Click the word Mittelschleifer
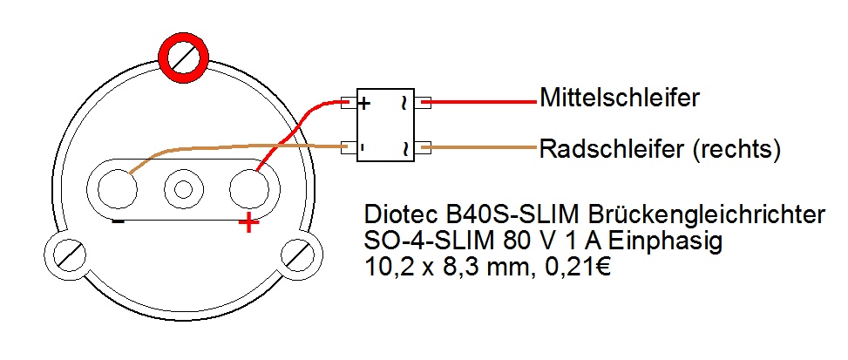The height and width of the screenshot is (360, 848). [619, 98]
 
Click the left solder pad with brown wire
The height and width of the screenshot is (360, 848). [115, 188]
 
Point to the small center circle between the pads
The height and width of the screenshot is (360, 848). [183, 188]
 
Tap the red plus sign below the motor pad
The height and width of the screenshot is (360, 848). [249, 224]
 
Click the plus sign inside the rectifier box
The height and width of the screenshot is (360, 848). [364, 103]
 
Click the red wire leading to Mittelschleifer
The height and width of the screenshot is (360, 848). [484, 101]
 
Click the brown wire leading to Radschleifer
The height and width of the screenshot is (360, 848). [484, 147]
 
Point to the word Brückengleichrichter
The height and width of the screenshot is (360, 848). [704, 214]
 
